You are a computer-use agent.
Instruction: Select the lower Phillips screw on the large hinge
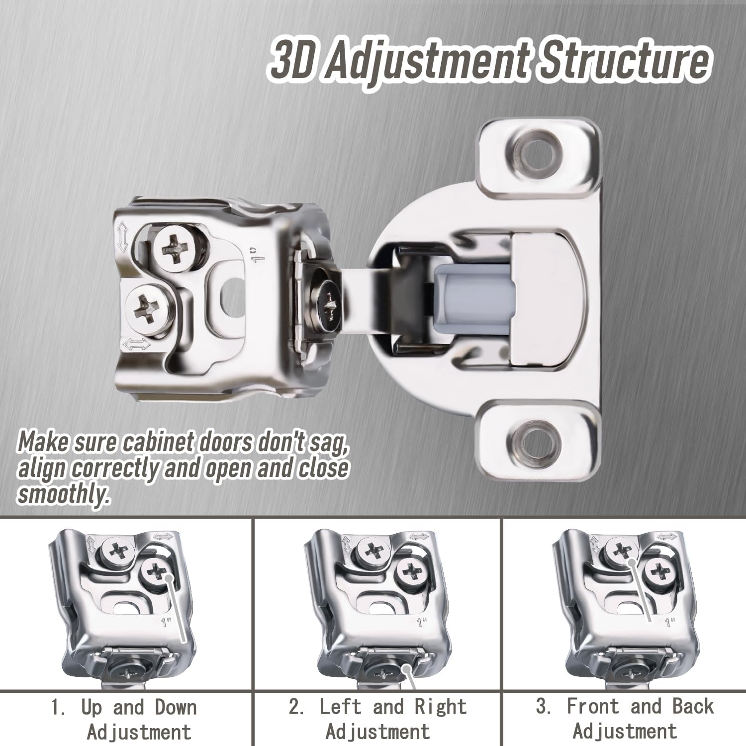pos(149,307)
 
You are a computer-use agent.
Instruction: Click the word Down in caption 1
pos(176,707)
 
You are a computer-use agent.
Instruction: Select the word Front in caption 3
pos(592,706)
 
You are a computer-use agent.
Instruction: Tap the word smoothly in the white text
pos(63,494)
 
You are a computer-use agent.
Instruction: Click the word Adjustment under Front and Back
pos(625,732)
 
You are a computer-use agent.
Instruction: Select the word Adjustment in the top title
pos(428,63)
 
